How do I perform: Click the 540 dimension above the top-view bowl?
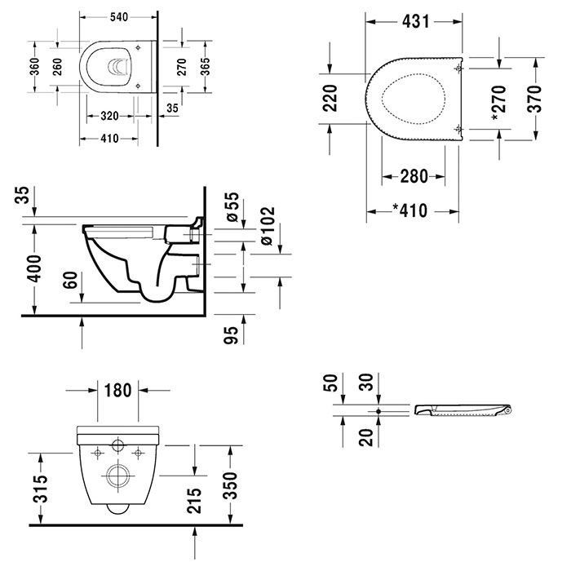point(118,15)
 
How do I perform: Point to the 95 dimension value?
point(231,334)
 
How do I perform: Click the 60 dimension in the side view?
point(73,281)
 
